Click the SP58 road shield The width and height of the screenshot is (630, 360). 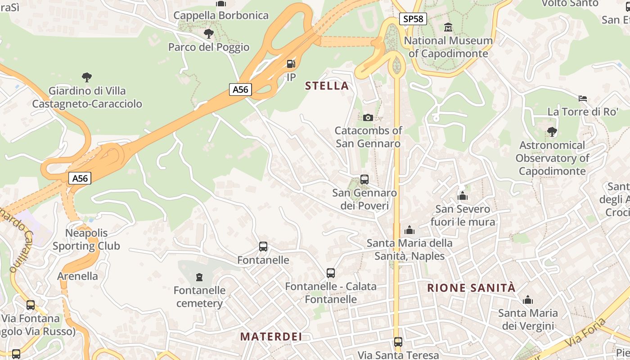(413, 19)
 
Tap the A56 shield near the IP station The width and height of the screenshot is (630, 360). (240, 89)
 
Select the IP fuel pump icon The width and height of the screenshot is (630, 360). (291, 64)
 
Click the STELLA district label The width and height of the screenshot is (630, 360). (327, 85)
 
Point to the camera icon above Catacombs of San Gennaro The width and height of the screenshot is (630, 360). (368, 117)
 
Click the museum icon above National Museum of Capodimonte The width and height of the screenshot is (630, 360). (448, 27)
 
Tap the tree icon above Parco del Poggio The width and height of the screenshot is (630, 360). (208, 33)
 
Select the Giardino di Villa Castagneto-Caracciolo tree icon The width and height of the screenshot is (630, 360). (87, 77)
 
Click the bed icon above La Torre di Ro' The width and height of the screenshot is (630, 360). (583, 98)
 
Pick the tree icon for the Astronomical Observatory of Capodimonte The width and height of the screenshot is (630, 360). (552, 132)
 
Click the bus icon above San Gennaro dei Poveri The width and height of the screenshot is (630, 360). (364, 180)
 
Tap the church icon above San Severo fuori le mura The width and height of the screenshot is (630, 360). (463, 196)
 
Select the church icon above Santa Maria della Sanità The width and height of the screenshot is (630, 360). (409, 230)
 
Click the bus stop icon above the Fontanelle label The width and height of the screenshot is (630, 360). (263, 247)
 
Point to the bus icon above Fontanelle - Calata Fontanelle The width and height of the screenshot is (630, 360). (331, 273)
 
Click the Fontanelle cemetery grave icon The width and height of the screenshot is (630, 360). (199, 277)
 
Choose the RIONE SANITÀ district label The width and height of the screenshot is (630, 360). (471, 288)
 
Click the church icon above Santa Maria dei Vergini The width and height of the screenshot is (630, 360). (528, 300)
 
